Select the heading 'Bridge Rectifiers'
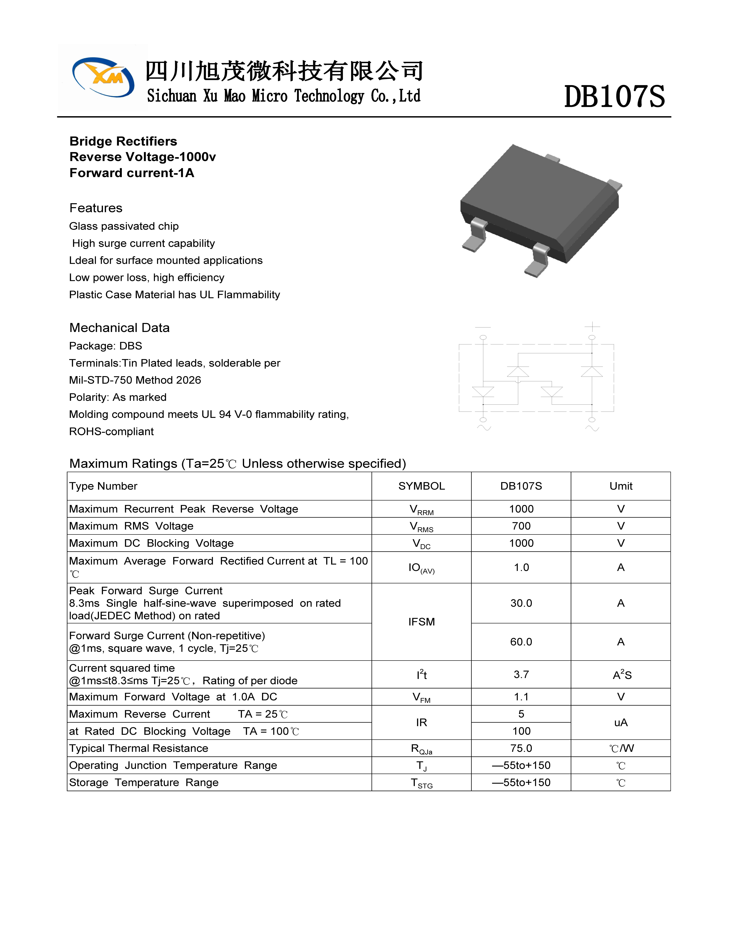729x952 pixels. point(123,141)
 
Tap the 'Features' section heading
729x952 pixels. point(96,208)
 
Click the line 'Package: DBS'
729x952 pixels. point(105,346)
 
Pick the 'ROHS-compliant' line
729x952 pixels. point(111,432)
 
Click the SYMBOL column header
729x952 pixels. point(421,486)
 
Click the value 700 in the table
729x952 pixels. point(521,526)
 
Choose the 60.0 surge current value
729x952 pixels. point(521,642)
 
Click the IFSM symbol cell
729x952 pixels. point(421,622)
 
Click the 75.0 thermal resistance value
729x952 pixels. point(521,749)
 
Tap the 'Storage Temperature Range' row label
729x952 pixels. point(144,783)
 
